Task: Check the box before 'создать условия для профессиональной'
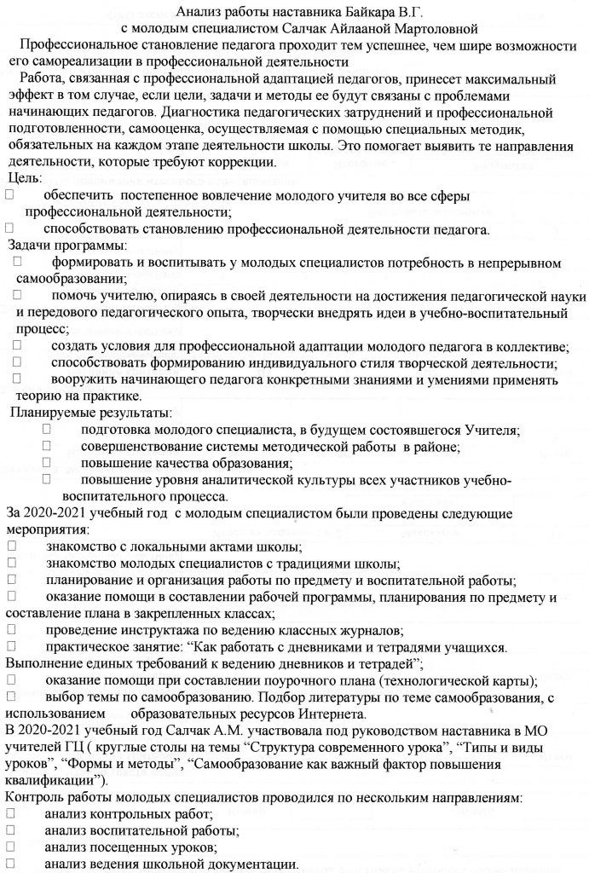pyautogui.click(x=18, y=346)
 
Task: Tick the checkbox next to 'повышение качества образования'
pyautogui.click(x=46, y=463)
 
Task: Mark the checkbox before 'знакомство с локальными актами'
pyautogui.click(x=11, y=546)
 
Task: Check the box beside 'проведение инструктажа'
pyautogui.click(x=11, y=629)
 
